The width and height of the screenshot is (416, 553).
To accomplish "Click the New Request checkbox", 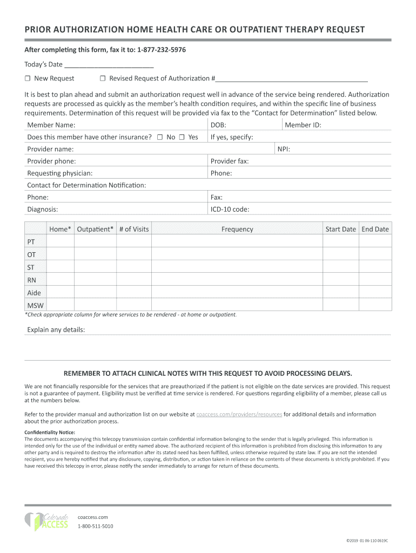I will (x=28, y=79).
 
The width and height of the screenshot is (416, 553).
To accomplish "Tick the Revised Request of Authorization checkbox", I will (x=103, y=79).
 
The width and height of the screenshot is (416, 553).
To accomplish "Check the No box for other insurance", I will (x=160, y=137).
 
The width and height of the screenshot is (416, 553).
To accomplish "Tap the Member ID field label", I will (x=303, y=125).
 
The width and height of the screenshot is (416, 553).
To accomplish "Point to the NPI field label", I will (x=284, y=149).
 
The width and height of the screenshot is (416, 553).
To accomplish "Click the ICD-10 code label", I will (x=230, y=210).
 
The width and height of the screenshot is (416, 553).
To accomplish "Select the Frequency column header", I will (x=237, y=230).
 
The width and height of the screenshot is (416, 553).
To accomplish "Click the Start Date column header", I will (x=340, y=230).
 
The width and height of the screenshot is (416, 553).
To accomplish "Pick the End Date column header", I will (x=375, y=230).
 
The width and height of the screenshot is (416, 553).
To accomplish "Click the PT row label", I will (x=31, y=241).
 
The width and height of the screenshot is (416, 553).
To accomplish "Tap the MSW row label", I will (x=35, y=306).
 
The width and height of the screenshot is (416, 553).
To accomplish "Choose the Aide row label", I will (x=34, y=293).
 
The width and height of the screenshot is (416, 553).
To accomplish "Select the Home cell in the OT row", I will (x=60, y=254).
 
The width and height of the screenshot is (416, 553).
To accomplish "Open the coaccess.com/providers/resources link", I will (x=239, y=415).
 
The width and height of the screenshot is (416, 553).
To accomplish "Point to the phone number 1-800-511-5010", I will (x=96, y=526).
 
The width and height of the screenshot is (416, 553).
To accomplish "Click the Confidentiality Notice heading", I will (x=50, y=433).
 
